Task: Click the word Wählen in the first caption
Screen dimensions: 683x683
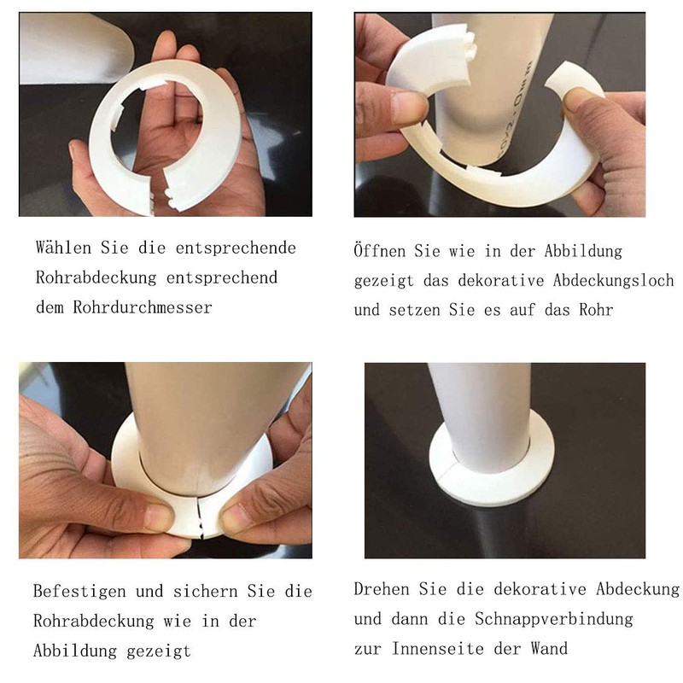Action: (63, 248)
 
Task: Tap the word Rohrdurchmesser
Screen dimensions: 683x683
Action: (143, 307)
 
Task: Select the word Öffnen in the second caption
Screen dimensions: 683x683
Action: (379, 251)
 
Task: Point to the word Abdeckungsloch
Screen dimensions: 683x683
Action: (614, 280)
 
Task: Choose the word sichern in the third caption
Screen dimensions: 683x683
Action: (206, 591)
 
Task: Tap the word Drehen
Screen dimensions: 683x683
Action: (382, 589)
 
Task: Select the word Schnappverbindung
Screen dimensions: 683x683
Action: (554, 618)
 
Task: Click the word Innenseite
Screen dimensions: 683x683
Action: (438, 648)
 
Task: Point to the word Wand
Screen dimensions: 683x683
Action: (549, 648)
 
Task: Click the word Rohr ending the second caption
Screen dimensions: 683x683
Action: (596, 310)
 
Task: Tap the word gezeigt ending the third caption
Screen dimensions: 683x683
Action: (159, 651)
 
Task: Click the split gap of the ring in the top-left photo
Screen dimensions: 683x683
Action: (159, 191)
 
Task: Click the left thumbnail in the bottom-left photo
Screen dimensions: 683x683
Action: (159, 517)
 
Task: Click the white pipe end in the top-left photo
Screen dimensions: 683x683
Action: (75, 48)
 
